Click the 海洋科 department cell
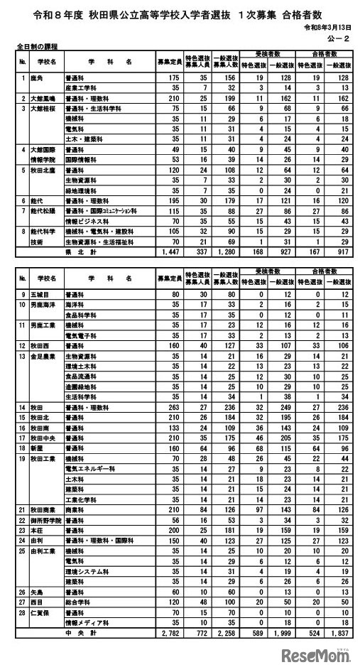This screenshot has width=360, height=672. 73,303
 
